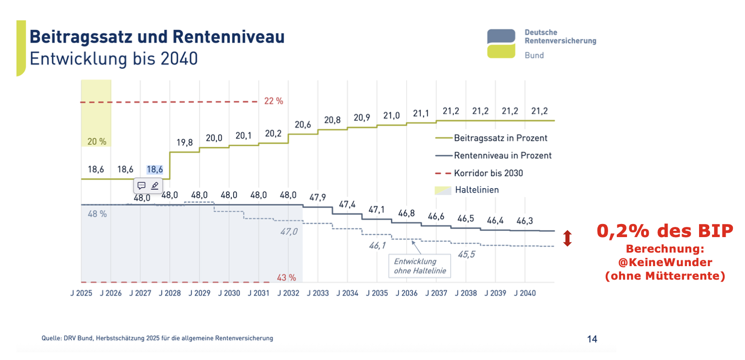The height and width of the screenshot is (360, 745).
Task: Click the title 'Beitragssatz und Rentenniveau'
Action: pos(157,37)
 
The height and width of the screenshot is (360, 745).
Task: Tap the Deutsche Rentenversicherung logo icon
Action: pos(501,44)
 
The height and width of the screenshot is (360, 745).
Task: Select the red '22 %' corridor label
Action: pos(273,101)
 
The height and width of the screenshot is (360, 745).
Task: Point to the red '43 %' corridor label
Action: pos(286,278)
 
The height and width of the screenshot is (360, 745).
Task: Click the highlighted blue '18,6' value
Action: pos(155,169)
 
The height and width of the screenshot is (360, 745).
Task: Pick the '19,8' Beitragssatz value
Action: pos(184,143)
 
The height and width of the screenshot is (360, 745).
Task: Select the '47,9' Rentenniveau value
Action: pos(317,197)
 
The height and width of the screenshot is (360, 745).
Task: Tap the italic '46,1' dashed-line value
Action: pos(377,246)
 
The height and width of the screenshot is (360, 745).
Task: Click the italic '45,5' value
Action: pos(466,254)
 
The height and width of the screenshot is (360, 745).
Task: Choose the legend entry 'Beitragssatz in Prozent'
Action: pos(500,138)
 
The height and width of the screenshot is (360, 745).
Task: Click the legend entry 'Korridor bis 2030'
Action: pos(488,173)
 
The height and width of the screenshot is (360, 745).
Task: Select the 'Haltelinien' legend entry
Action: pos(477,190)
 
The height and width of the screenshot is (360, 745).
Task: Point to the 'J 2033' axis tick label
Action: pos(317,293)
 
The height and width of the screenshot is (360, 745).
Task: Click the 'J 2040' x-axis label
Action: pos(525,293)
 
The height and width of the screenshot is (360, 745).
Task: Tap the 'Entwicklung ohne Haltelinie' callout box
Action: pos(419,266)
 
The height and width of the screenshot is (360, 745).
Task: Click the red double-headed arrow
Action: pos(567,238)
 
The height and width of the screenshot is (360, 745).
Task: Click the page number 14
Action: pos(592,339)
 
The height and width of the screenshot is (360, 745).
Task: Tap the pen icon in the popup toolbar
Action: pos(155,185)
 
